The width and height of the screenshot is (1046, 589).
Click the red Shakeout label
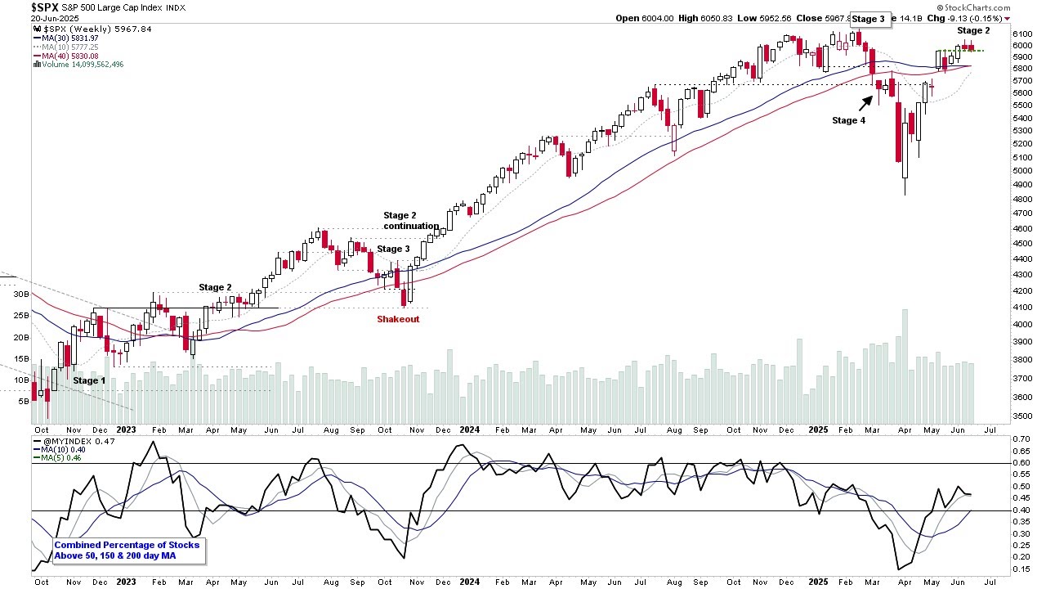pyautogui.click(x=398, y=319)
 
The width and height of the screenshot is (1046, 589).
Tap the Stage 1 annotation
pyautogui.click(x=89, y=380)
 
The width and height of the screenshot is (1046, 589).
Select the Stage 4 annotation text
pyautogui.click(x=848, y=120)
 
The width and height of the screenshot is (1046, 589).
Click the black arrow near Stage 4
pyautogui.click(x=865, y=102)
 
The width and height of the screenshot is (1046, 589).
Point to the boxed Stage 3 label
pyautogui.click(x=868, y=19)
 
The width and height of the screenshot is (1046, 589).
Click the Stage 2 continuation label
pyautogui.click(x=411, y=221)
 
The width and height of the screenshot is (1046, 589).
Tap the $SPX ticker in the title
pyautogui.click(x=45, y=7)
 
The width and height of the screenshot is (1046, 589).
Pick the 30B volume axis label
pyautogui.click(x=20, y=294)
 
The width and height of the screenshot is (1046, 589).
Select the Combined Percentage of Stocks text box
pyautogui.click(x=127, y=551)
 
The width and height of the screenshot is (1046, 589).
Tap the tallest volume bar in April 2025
pyautogui.click(x=905, y=364)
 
